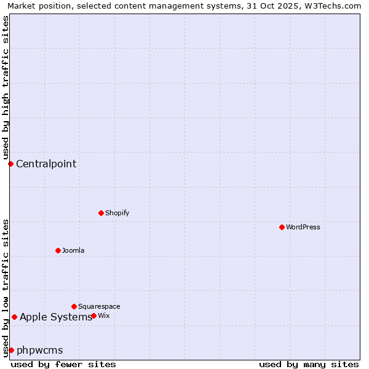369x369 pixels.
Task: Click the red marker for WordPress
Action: [282, 227]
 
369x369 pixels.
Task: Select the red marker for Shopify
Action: [101, 213]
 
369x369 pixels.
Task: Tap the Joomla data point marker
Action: [58, 250]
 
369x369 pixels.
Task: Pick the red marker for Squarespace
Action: [74, 306]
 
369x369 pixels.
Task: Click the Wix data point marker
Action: [93, 315]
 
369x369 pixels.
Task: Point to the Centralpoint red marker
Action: [10, 164]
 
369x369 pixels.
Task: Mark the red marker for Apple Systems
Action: [14, 317]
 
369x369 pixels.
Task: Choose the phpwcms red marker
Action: [11, 350]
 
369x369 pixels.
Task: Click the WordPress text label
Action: [303, 227]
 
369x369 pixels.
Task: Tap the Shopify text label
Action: [117, 213]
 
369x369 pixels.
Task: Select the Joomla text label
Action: [73, 250]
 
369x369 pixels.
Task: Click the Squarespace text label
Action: [99, 306]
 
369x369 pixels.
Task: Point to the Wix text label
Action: [104, 315]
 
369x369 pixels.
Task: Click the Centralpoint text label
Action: [46, 164]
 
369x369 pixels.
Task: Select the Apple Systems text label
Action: [55, 317]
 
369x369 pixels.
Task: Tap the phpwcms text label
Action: [39, 350]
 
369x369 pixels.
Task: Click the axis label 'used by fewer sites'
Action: [63, 364]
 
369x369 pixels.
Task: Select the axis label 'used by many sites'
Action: [309, 364]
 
